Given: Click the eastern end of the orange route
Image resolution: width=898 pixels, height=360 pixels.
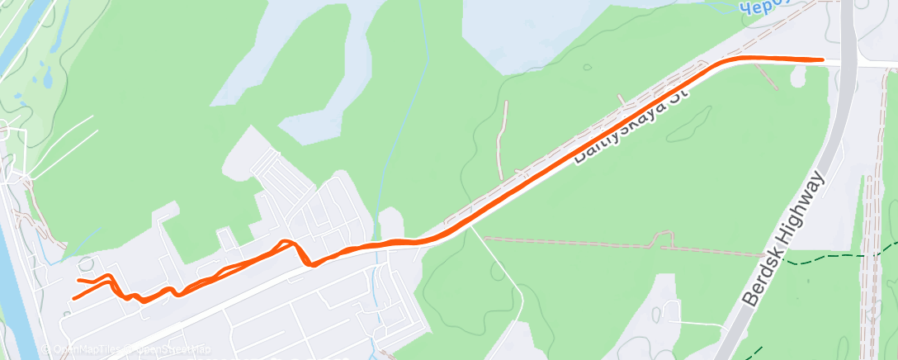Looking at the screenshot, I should tap(822, 59).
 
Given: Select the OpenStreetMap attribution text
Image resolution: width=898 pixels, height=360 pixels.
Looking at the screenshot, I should tap(169, 349).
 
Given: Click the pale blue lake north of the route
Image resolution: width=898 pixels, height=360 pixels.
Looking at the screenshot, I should tap(528, 33).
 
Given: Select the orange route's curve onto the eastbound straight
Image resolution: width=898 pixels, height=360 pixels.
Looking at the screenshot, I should tap(718, 64).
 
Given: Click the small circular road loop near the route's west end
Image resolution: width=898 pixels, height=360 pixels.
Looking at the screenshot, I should tap(86, 264).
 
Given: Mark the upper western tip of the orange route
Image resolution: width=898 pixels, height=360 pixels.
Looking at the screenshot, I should tap(79, 281).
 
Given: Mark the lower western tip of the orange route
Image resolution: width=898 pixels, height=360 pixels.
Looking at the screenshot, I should tap(73, 298).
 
